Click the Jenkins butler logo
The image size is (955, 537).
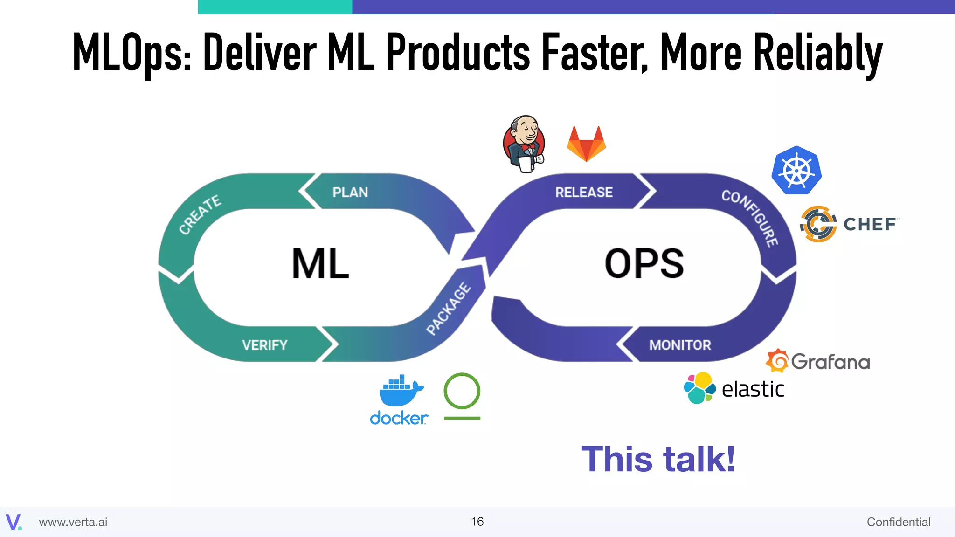pos(524,144)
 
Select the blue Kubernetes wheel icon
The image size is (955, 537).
pos(796,171)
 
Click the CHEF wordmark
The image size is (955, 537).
pos(870,224)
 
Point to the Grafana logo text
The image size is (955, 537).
pos(830,362)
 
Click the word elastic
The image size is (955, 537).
pos(753,390)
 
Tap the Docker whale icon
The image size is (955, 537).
pos(400,391)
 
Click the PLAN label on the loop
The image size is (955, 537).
pos(350,192)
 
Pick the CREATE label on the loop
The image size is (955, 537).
pos(200,214)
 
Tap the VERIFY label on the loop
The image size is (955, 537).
pos(264,345)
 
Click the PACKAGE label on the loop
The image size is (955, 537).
pos(449,309)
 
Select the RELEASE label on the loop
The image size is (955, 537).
pos(584,192)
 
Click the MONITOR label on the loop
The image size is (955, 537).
pos(680,345)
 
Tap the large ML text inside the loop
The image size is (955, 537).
pos(320,264)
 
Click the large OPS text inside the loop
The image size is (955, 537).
pos(644,264)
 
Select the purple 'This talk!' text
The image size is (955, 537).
pos(658,459)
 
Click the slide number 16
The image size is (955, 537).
pos(477,522)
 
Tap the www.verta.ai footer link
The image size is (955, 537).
pos(73,522)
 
